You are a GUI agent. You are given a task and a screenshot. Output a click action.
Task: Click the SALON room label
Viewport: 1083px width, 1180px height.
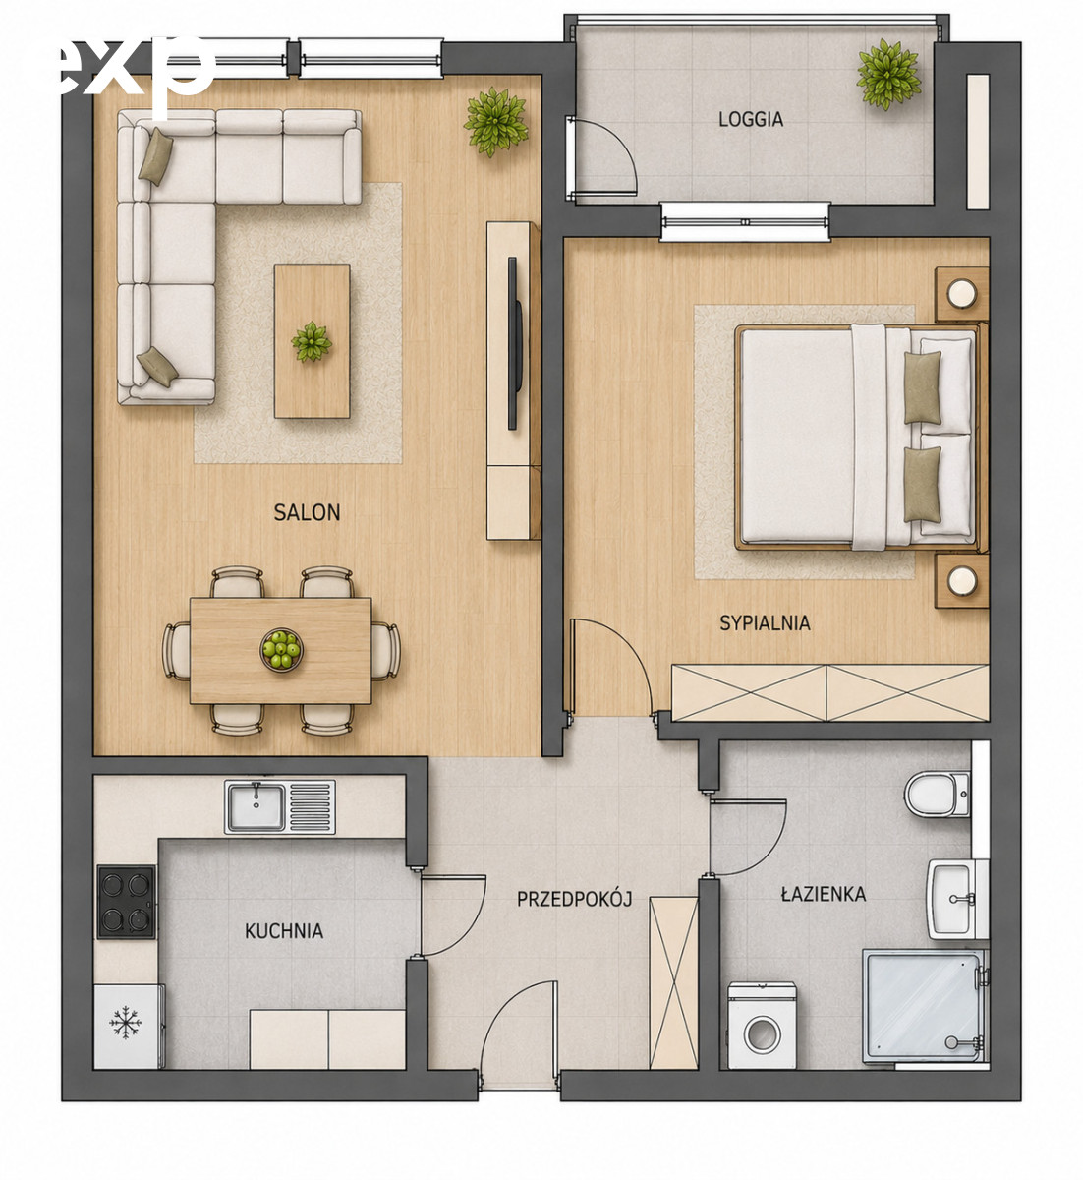307,512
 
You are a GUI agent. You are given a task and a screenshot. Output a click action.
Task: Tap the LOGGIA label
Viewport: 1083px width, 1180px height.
751,119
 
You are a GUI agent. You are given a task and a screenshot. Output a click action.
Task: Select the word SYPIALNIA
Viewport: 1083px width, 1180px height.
765,622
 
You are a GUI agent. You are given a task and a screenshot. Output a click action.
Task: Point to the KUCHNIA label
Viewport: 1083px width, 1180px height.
284,931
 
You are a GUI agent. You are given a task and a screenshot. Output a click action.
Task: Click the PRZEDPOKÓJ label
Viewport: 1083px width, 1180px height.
575,899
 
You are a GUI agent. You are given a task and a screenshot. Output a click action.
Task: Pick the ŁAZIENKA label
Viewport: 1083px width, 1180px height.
824,894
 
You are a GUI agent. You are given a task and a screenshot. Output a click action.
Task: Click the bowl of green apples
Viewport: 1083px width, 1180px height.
281,649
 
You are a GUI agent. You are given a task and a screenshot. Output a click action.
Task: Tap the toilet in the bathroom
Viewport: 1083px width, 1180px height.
937,795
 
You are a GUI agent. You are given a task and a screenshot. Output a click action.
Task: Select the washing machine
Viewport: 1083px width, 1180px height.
762,1026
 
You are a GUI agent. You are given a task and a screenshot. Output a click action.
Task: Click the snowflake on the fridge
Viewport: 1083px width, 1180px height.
125,1023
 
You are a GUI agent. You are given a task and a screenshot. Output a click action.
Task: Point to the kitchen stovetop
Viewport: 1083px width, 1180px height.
127,902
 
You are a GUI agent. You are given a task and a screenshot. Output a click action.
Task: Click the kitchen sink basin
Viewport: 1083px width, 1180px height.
256,806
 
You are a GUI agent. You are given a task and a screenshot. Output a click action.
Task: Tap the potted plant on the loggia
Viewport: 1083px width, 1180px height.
888,74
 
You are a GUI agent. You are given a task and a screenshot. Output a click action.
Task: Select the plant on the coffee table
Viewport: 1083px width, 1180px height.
311,342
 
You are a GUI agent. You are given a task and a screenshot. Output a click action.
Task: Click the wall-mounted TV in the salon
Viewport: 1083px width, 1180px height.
514,343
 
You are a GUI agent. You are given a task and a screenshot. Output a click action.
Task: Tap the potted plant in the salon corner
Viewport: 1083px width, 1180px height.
495,121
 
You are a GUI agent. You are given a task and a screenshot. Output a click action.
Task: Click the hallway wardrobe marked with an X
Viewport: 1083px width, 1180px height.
673,982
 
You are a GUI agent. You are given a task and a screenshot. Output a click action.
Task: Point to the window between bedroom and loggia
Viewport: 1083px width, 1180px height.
745,222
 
